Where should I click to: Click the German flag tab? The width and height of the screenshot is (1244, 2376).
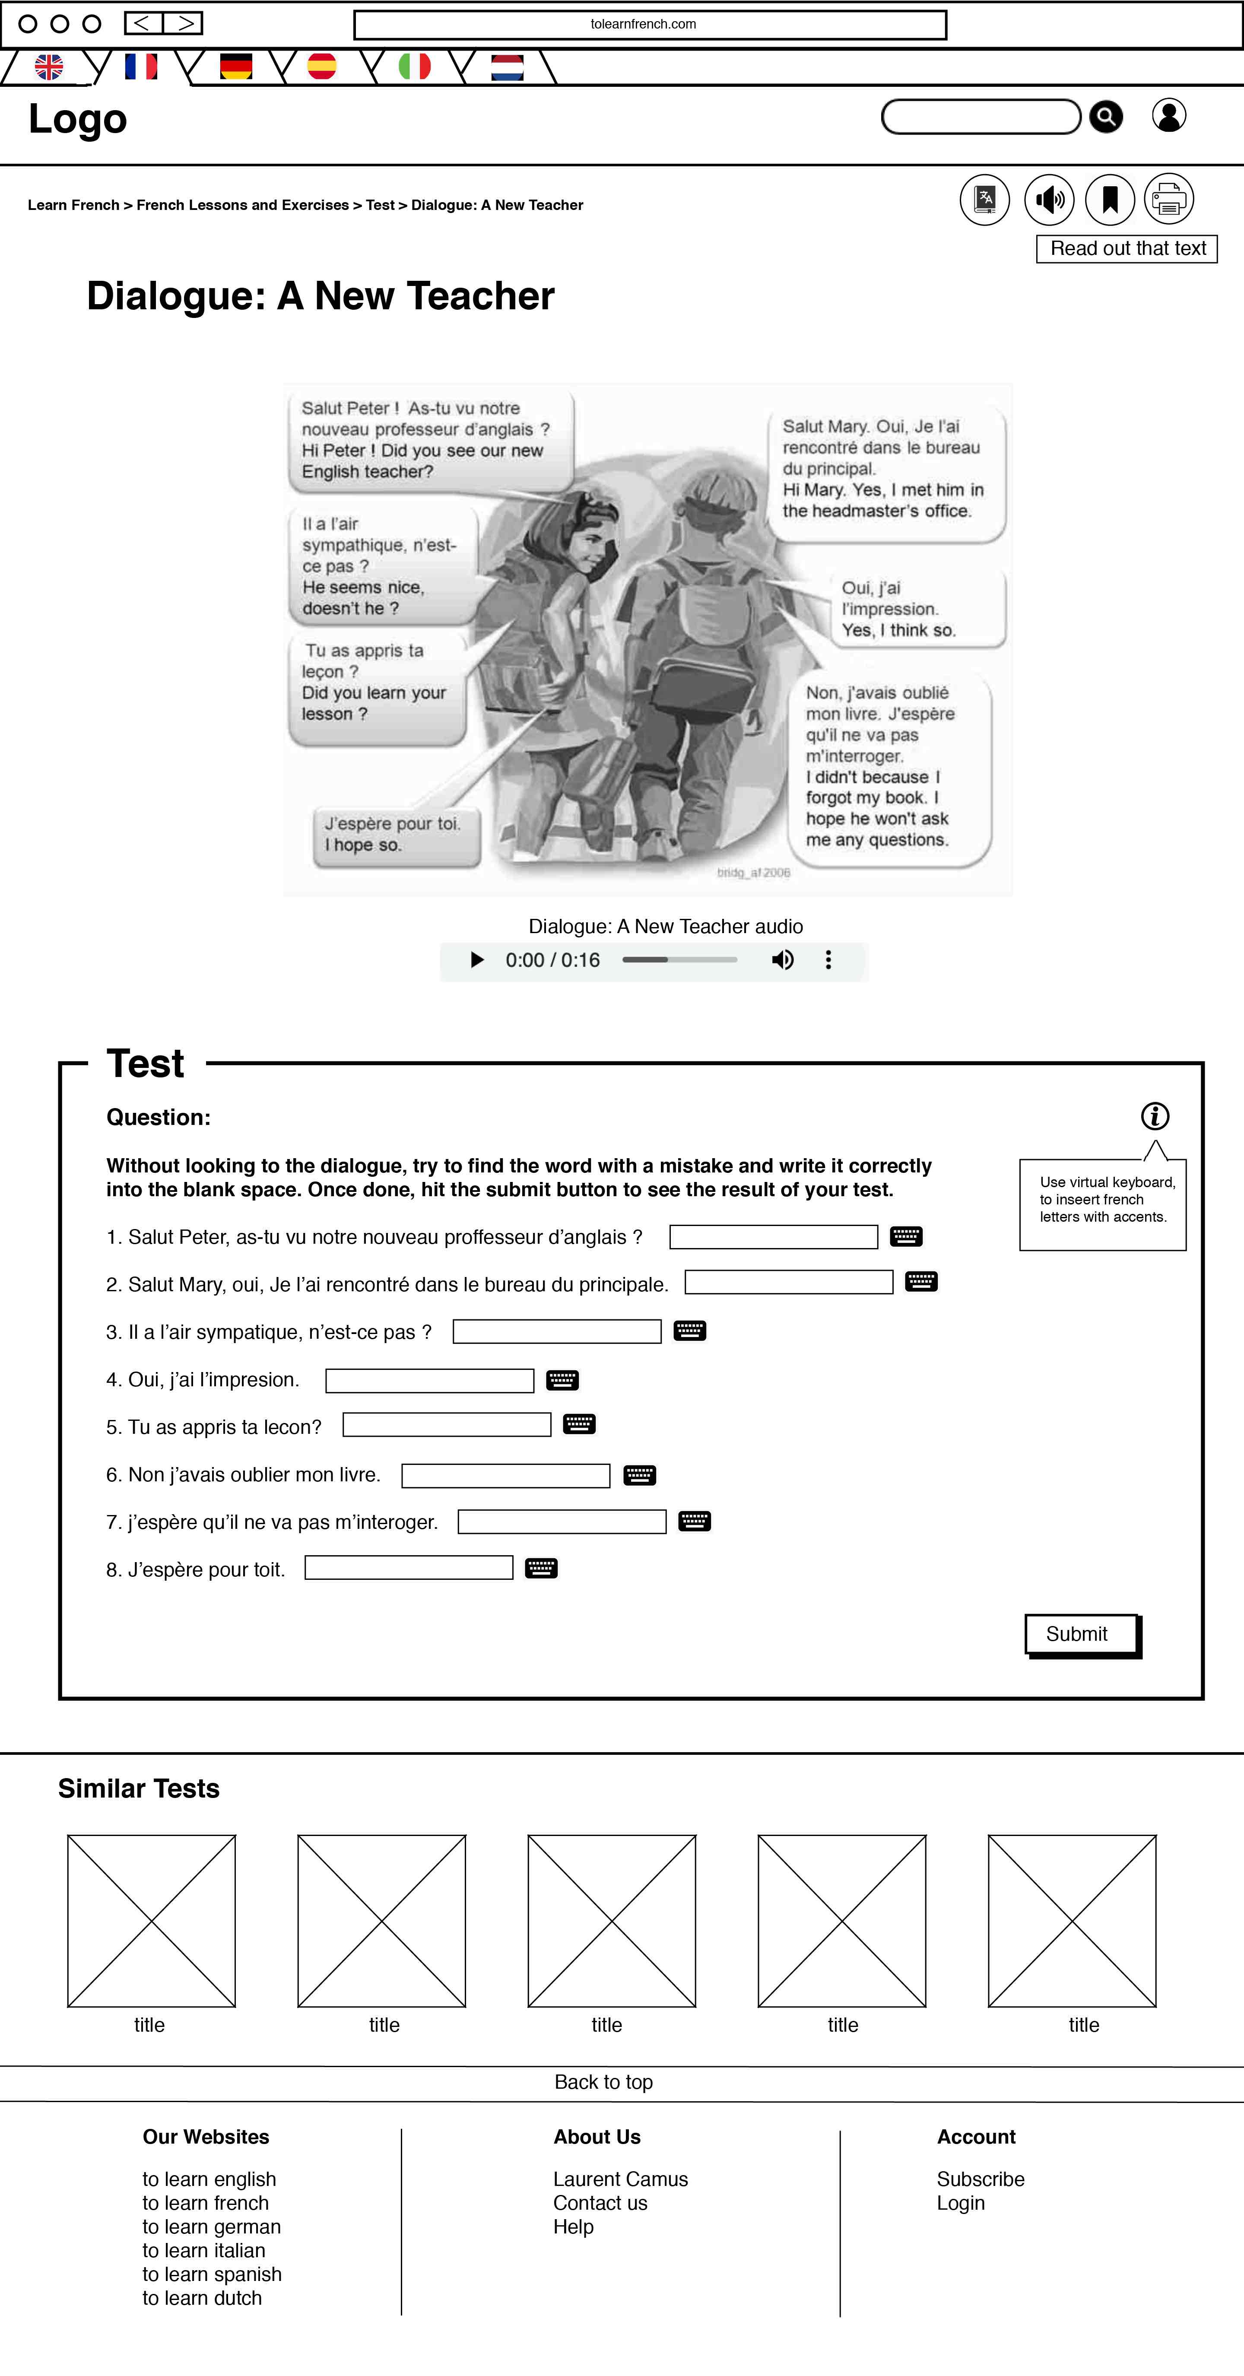[x=236, y=67]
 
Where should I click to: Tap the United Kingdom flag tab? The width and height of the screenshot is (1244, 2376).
[x=49, y=67]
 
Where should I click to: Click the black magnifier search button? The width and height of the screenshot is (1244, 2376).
[x=1106, y=117]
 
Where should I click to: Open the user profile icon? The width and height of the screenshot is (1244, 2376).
[x=1168, y=116]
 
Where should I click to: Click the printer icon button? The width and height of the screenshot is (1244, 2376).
[x=1168, y=199]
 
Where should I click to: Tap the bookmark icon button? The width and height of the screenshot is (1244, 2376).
[x=1109, y=199]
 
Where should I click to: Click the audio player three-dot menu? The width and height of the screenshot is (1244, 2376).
[x=828, y=960]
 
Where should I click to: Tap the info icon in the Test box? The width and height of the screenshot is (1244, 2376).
[x=1155, y=1116]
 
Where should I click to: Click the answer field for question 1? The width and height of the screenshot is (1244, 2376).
[x=773, y=1237]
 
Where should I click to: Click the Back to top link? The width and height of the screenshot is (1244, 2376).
[x=603, y=2082]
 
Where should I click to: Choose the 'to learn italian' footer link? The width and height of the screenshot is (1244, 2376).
[x=204, y=2251]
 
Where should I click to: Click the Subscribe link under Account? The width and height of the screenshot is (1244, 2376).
[x=980, y=2179]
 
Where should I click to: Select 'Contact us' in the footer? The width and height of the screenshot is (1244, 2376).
[x=600, y=2203]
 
